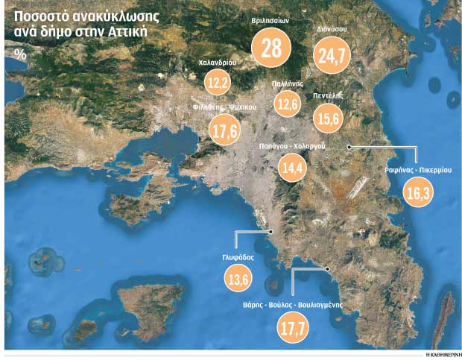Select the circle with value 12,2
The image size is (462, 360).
tap(218, 82)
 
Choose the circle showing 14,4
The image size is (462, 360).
tap(291, 168)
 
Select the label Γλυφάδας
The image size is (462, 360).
tap(238, 256)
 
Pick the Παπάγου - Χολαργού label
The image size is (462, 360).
tap(291, 147)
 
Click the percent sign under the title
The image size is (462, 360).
tap(19, 54)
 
